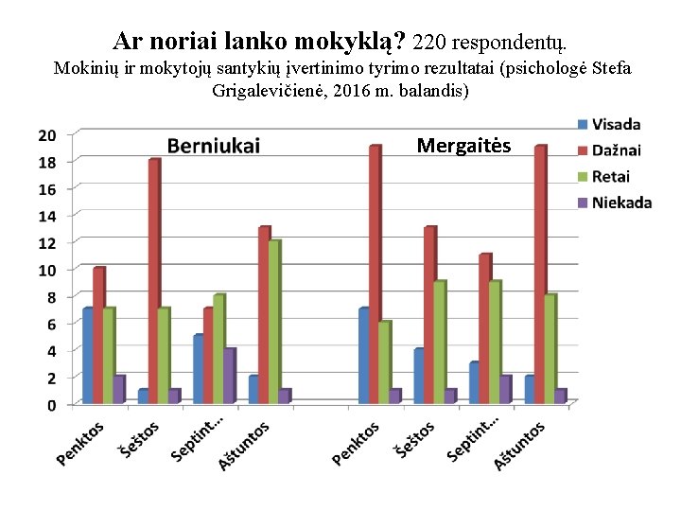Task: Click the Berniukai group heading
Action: [214, 146]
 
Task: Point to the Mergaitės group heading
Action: [463, 146]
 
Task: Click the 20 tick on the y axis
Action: [46, 134]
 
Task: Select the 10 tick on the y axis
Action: [46, 270]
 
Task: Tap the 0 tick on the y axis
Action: [50, 405]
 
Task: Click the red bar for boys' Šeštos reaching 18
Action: [153, 282]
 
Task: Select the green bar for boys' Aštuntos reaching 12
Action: [274, 322]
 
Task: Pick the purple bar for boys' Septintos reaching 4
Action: [230, 377]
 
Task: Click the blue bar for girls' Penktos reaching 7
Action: [364, 356]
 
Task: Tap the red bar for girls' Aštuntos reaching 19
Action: [540, 274]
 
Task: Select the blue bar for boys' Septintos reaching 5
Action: [199, 369]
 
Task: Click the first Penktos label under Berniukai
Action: [80, 443]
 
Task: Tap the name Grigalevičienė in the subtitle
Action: [267, 91]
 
